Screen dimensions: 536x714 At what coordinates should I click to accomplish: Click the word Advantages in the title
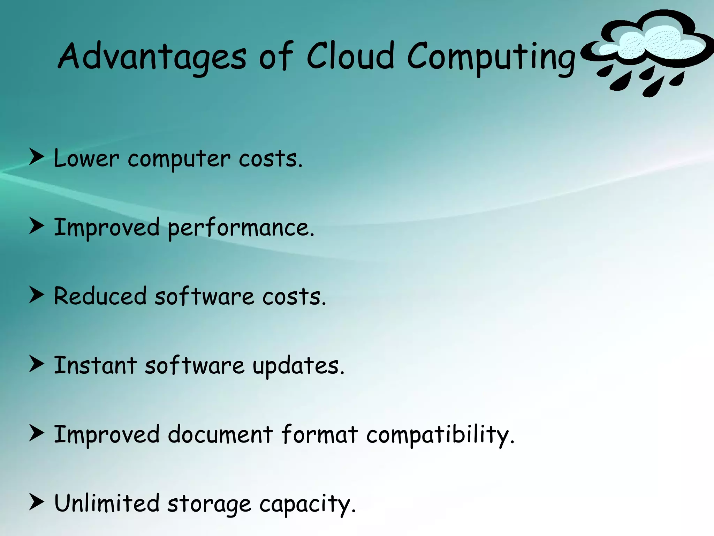(x=152, y=56)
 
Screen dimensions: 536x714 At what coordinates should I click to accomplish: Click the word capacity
(x=307, y=505)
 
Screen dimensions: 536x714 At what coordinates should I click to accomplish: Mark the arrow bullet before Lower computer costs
(x=36, y=157)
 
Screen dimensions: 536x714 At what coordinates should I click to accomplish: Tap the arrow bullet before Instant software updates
(x=36, y=364)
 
